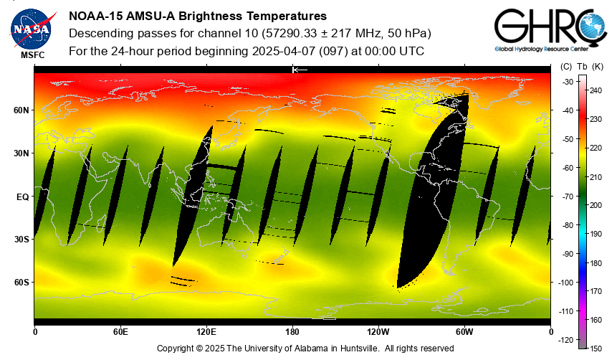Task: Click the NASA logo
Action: tap(30, 27)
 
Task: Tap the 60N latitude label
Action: tap(21, 110)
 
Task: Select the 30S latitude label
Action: tap(21, 240)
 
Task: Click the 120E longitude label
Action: tap(206, 332)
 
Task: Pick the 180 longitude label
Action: tap(292, 332)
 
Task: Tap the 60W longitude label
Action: tap(464, 332)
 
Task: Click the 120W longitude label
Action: tap(378, 332)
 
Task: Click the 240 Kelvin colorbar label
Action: tap(596, 90)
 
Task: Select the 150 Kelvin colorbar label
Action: tap(596, 348)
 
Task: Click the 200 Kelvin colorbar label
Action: tap(596, 205)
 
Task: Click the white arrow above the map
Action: tap(300, 70)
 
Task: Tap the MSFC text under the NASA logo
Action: tap(32, 55)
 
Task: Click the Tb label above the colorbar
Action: tap(582, 67)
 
